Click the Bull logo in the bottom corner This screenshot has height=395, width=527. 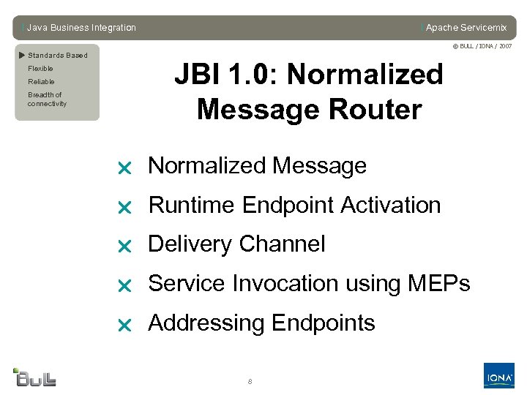point(35,377)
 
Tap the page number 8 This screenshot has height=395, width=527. point(250,382)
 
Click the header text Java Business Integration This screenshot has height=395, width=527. point(81,28)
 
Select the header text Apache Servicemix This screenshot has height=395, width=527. point(466,28)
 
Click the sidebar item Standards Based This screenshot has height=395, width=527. point(57,56)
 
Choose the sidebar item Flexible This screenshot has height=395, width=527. point(40,69)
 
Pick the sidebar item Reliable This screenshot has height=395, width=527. point(41,82)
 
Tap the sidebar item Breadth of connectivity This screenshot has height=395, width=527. point(46,99)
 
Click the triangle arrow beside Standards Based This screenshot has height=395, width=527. point(22,55)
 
